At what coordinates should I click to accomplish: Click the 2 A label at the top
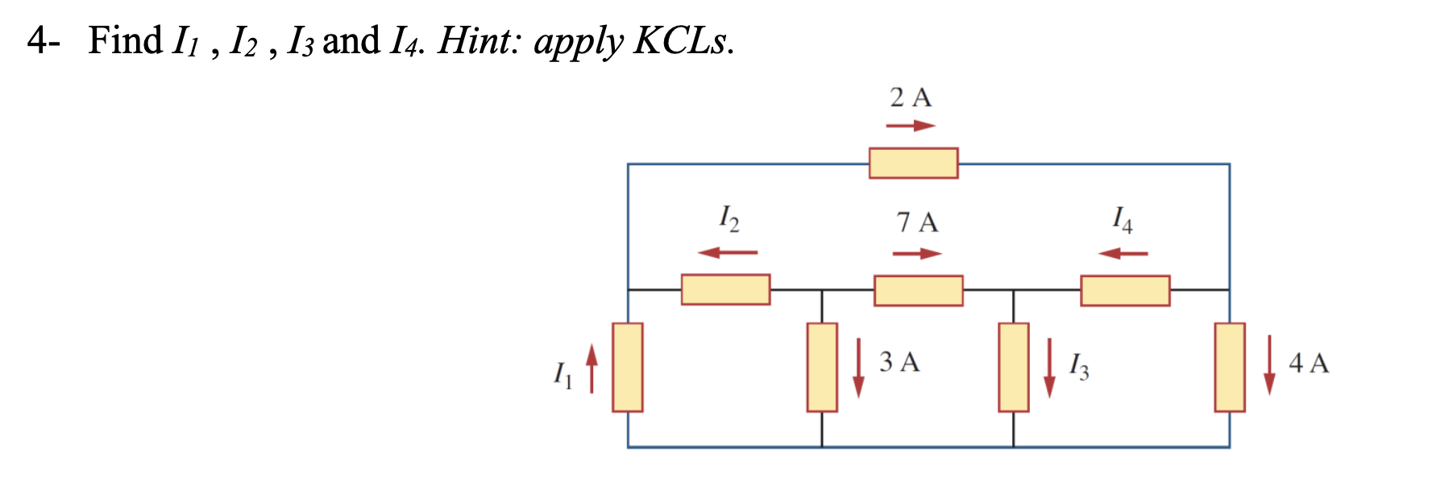coord(911,98)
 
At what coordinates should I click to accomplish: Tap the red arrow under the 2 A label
coord(911,126)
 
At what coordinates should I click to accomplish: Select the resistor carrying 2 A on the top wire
coord(913,163)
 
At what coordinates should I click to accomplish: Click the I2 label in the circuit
coord(729,218)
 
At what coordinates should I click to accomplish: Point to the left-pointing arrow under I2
coord(728,252)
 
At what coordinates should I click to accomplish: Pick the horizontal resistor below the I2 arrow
coord(725,289)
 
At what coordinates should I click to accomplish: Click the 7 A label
coord(917,222)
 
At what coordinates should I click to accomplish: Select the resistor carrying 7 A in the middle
coord(918,290)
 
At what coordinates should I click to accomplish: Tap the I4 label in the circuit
coord(1123,218)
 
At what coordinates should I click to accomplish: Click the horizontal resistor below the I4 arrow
coord(1125,290)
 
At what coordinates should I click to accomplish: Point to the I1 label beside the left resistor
coord(563,374)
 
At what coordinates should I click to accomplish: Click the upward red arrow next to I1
coord(592,368)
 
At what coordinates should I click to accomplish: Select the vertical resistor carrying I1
coord(627,367)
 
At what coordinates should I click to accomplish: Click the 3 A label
coord(899,362)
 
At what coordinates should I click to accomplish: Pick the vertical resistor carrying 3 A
coord(822,367)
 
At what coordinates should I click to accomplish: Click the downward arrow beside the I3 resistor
coord(1049,368)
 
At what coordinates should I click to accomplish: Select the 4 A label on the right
coord(1309,363)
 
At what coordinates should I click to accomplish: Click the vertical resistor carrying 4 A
coord(1230,367)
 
